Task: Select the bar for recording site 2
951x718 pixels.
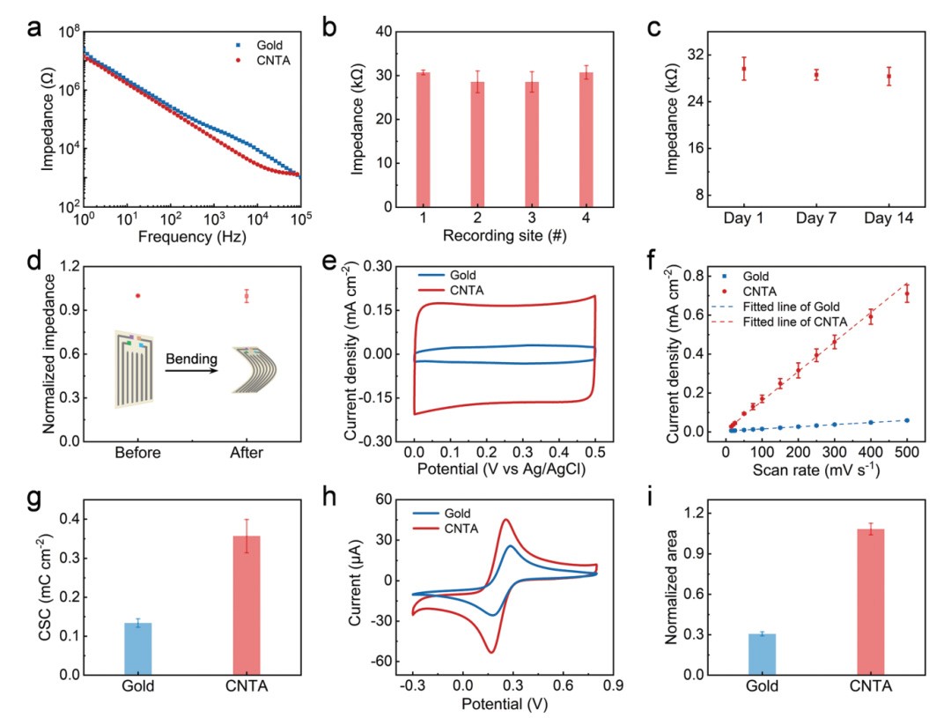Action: [477, 144]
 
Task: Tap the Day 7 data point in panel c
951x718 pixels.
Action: [816, 75]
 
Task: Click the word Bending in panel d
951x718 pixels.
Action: [189, 358]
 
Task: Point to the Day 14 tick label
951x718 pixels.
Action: [888, 217]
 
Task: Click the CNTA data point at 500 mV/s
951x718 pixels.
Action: [906, 294]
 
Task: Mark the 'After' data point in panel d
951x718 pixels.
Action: [247, 296]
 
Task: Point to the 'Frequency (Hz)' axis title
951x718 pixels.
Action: [192, 236]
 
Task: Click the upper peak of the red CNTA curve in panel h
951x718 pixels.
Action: [506, 520]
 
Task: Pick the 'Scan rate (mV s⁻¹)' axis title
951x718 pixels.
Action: [816, 470]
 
